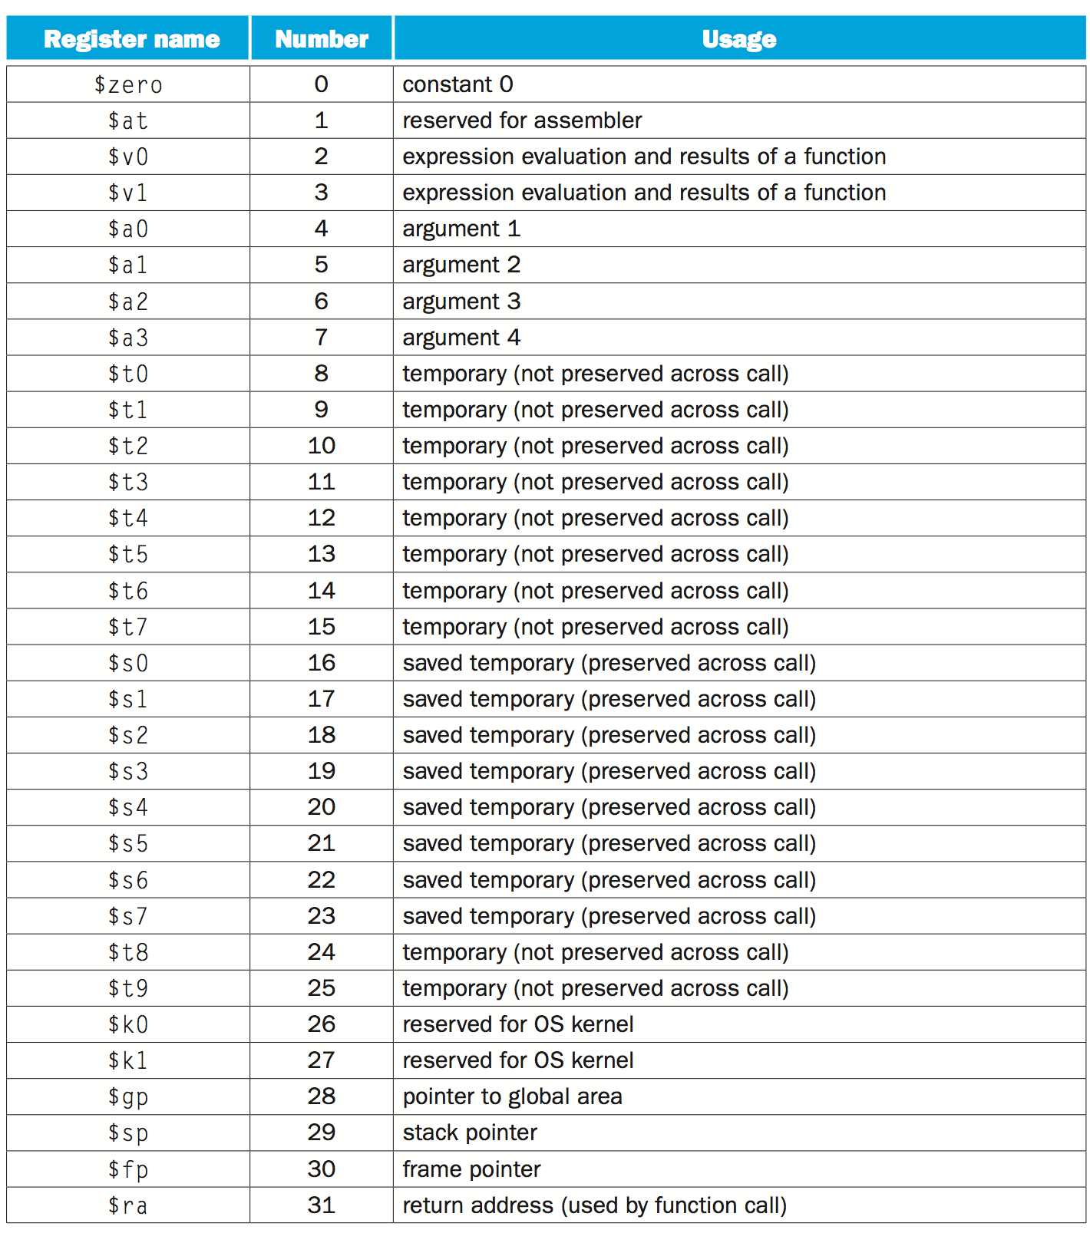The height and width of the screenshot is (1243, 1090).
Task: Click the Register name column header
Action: [131, 39]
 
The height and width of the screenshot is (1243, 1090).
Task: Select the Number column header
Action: [322, 39]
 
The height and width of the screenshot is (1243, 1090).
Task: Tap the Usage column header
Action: [739, 39]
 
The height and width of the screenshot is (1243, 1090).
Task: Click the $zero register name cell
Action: [128, 84]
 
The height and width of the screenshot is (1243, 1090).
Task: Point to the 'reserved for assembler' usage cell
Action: [522, 120]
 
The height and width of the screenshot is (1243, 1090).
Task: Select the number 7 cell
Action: [322, 337]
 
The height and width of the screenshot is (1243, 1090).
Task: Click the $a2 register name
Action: [128, 302]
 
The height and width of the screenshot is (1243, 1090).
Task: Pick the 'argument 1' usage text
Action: [461, 229]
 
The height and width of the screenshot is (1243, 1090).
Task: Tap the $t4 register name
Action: [128, 518]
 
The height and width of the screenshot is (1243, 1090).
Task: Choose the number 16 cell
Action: [322, 662]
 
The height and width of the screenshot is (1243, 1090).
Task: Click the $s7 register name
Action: [128, 915]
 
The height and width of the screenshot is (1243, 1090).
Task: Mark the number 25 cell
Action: [322, 987]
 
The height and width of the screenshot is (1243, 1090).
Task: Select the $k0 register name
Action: [128, 1024]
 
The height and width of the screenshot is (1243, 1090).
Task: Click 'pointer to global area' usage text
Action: [512, 1096]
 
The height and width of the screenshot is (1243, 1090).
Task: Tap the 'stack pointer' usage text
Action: [470, 1133]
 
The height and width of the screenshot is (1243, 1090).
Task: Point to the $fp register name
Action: [128, 1169]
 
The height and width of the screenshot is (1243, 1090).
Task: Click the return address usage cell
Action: [595, 1205]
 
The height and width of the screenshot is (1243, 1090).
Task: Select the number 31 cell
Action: [322, 1205]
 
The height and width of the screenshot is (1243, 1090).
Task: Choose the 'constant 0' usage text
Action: [457, 84]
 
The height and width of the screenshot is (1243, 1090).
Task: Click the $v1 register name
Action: [128, 193]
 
